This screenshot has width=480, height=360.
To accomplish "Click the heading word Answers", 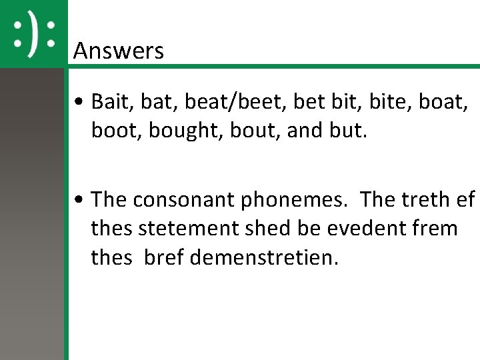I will pos(118,51).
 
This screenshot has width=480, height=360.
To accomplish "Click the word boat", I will pos(440,103).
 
